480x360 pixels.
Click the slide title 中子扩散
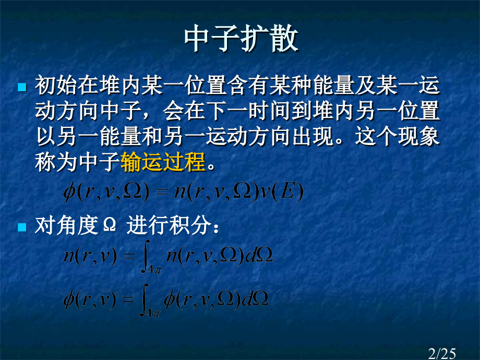[241, 39]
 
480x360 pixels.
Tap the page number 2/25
[442, 354]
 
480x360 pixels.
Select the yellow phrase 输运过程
[163, 162]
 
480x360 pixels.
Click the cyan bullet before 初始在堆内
[22, 87]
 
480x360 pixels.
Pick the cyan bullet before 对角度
[22, 227]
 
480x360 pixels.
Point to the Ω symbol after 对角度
[110, 225]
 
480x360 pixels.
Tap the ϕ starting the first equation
[69, 193]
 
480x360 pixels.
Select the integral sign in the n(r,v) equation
[146, 257]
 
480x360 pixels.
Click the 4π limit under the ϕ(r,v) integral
[152, 313]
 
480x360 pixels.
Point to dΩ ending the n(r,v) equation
[259, 255]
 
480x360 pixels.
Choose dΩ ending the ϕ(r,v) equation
[255, 299]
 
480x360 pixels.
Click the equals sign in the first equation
[162, 192]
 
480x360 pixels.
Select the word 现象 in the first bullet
[418, 136]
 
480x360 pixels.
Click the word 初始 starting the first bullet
[56, 85]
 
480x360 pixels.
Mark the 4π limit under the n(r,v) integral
[154, 269]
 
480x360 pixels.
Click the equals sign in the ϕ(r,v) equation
[128, 299]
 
